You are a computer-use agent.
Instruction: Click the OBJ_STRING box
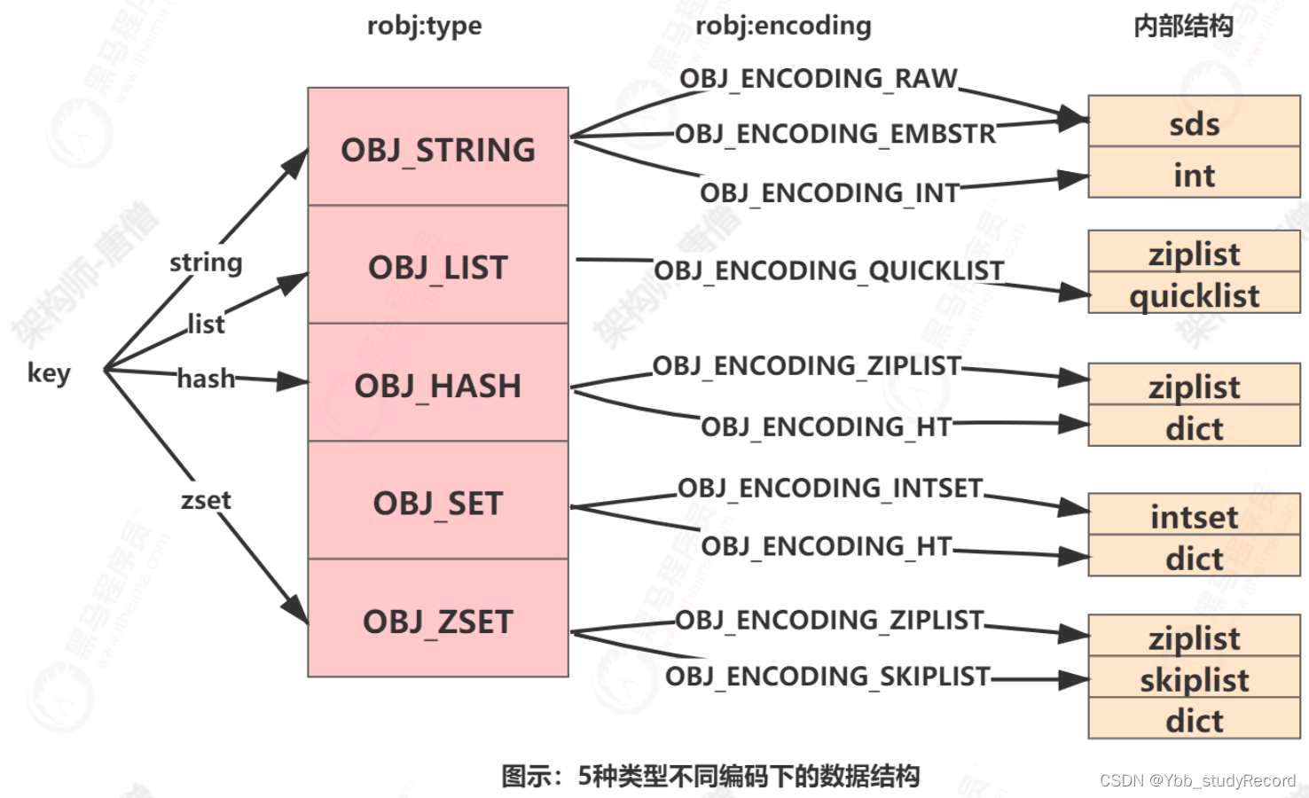(x=437, y=147)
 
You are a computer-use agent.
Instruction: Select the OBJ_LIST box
(x=437, y=265)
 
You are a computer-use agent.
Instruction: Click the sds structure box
(x=1194, y=122)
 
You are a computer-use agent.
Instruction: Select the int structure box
(x=1194, y=174)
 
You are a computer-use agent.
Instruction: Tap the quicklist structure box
(x=1194, y=293)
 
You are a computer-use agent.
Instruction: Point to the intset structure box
(x=1194, y=515)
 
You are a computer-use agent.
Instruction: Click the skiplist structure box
(x=1194, y=678)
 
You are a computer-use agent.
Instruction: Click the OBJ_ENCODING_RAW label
(x=818, y=79)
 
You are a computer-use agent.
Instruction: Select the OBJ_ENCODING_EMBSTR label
(x=835, y=134)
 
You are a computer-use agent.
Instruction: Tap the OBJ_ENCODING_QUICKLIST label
(x=829, y=270)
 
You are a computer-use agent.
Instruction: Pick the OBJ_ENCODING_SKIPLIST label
(x=827, y=677)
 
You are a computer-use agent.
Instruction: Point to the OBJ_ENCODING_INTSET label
(x=830, y=488)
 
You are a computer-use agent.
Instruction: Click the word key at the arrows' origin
(x=49, y=372)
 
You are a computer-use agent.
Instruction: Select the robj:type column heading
(x=424, y=26)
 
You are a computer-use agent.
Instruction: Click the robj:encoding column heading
(x=783, y=26)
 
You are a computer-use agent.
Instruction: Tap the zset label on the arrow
(x=206, y=500)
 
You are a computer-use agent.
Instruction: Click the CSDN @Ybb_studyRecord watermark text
(x=1197, y=780)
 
